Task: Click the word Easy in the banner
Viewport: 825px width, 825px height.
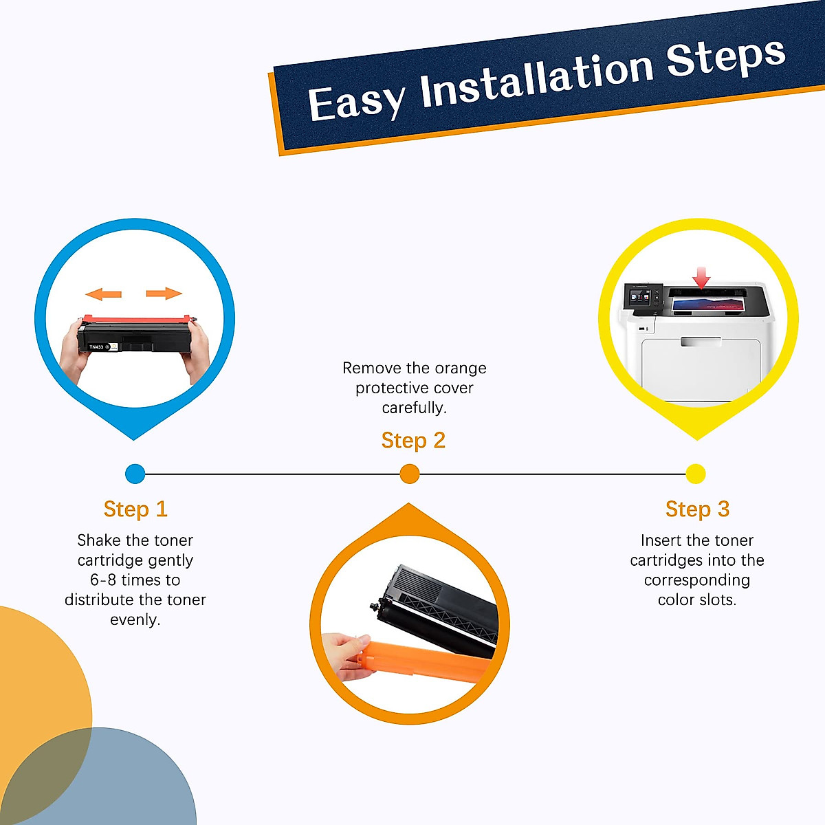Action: click(x=356, y=102)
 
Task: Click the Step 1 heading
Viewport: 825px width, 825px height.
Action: click(x=135, y=509)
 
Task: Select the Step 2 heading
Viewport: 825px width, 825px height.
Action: click(x=413, y=441)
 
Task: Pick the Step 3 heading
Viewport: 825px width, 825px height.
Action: click(x=697, y=509)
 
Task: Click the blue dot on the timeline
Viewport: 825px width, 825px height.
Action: click(x=135, y=474)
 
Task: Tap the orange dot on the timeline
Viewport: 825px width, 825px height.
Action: click(x=410, y=474)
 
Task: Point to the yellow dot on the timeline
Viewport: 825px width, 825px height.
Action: click(x=696, y=474)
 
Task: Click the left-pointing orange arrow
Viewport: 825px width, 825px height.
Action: click(x=103, y=294)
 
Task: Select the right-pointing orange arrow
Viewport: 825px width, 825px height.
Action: click(x=164, y=294)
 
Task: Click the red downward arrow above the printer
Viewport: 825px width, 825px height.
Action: click(x=701, y=278)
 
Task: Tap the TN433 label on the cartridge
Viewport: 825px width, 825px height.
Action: click(x=96, y=347)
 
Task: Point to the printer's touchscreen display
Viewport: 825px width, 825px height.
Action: click(x=640, y=300)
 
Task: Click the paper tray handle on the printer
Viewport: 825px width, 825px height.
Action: click(x=701, y=342)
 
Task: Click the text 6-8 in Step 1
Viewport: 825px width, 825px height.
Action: click(x=104, y=580)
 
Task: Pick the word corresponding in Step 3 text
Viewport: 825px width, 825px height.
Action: click(x=697, y=580)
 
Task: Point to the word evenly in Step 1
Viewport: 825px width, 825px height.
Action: click(x=135, y=620)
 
